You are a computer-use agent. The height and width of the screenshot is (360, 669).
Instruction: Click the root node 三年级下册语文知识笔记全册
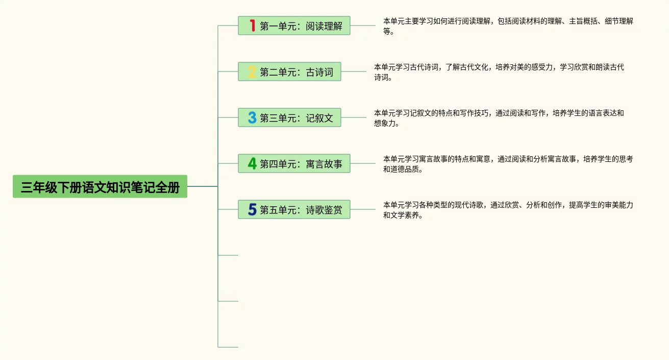(100, 187)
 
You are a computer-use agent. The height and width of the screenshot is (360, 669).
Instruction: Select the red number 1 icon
(252, 26)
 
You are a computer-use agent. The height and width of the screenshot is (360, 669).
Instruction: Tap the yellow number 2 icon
(252, 71)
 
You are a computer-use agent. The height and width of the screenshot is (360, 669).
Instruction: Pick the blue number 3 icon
(252, 117)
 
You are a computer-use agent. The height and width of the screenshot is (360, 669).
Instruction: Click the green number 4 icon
(252, 163)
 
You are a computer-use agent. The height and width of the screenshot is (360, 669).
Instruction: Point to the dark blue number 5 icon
(252, 209)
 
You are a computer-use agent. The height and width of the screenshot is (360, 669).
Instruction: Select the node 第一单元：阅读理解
(294, 26)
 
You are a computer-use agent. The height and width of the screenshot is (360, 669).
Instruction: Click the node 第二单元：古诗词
(289, 71)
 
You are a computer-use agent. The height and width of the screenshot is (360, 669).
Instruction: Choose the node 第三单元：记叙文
(289, 117)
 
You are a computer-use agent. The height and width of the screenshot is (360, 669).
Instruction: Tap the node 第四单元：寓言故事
(294, 163)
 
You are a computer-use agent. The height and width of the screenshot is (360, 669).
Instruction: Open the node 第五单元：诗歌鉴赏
(294, 209)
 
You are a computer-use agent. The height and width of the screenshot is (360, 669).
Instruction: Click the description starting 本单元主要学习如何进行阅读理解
(508, 26)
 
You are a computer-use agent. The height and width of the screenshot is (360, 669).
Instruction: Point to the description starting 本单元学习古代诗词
(499, 71)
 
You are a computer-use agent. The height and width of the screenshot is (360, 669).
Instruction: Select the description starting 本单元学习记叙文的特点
(499, 117)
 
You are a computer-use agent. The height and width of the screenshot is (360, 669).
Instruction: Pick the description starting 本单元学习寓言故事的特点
(508, 163)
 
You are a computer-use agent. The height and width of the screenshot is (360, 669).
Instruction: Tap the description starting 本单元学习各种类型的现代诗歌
(508, 209)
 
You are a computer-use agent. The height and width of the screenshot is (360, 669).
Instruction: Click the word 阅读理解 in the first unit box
(324, 26)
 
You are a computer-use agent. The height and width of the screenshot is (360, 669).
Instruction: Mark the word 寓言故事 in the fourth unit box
(324, 164)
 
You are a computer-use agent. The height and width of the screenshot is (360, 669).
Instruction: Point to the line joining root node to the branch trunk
(203, 186)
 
